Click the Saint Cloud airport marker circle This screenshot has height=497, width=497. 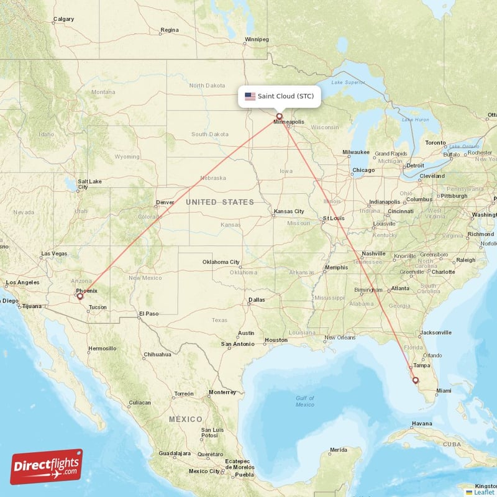pos(279,116)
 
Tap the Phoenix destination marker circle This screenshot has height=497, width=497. pos(80,296)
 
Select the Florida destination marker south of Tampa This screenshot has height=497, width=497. pos(416,380)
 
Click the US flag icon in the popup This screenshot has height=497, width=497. pos(250,96)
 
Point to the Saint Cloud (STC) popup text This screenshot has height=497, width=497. pos(290,96)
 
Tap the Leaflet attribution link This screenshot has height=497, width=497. pos(484,492)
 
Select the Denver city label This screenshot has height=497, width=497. pos(165,203)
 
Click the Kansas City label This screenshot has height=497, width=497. pos(289,212)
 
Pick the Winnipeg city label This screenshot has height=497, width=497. pos(257,39)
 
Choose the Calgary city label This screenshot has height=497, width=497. pos(63,19)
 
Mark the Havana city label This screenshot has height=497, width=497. pos(421,424)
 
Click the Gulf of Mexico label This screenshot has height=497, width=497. pos(305,401)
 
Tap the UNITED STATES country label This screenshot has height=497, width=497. pos(220,202)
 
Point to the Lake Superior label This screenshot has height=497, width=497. pos(349,82)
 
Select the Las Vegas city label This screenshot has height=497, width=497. pos(54,253)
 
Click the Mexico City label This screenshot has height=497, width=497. pos(204,471)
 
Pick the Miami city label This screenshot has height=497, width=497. pos(444,391)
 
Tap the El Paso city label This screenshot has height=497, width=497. pos(148,314)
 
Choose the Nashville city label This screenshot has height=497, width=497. pos(374,253)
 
